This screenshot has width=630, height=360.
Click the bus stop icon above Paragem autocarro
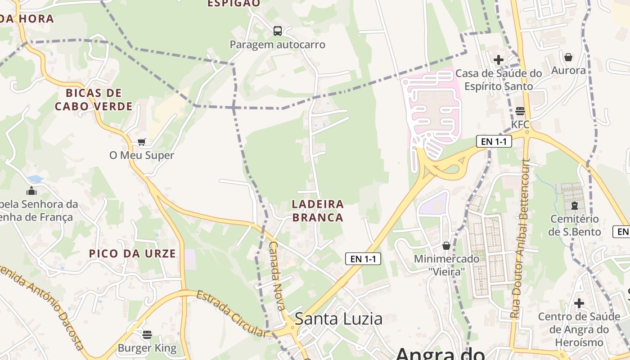[x=278, y=31]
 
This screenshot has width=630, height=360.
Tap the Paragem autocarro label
[x=277, y=45]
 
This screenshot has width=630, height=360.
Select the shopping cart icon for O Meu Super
[x=142, y=142]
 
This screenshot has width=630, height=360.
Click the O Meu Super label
[x=142, y=155]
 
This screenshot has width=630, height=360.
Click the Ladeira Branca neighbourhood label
[x=318, y=211]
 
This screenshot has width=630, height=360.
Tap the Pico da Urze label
[x=132, y=253]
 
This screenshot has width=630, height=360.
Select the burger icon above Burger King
[x=147, y=334]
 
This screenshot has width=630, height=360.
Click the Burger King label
[x=147, y=348]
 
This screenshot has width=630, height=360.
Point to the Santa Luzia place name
[x=338, y=319]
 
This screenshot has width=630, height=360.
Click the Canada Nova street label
[x=277, y=276]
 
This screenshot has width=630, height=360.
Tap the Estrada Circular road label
[x=231, y=314]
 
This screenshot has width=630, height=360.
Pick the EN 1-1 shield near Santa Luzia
[x=363, y=259]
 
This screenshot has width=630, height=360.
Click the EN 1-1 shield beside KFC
[x=494, y=141]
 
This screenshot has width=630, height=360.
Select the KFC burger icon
[x=520, y=111]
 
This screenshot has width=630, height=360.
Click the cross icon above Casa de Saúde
[x=499, y=59]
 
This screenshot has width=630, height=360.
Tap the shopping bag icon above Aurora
[x=568, y=57]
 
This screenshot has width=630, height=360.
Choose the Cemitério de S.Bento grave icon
[x=574, y=206]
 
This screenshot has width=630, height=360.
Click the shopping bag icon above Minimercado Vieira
[x=446, y=246]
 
